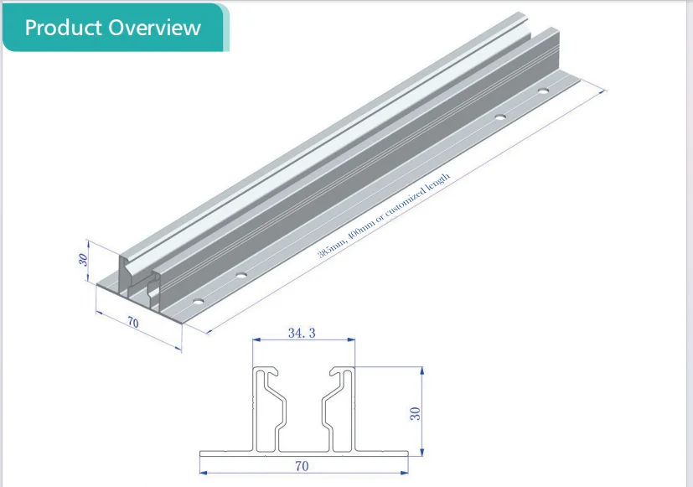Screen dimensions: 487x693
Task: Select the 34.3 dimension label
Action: pos(302,333)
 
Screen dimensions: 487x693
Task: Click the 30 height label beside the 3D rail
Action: pos(83,260)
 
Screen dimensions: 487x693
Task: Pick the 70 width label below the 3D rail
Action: pos(132,324)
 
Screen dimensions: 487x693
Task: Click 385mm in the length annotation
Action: pos(330,251)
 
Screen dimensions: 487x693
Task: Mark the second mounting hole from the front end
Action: pos(241,274)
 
